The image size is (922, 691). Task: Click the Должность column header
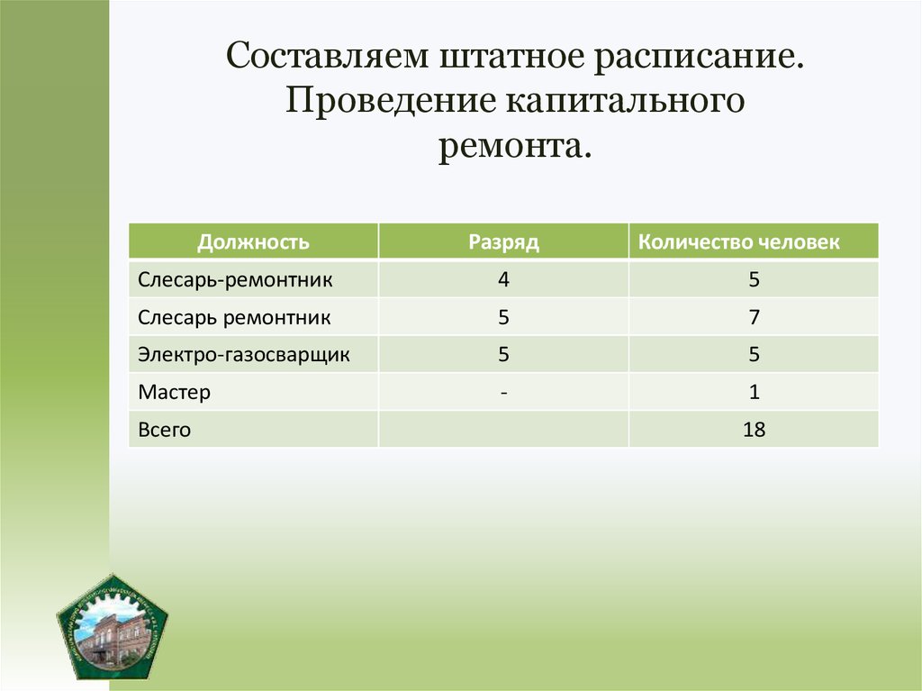click(254, 241)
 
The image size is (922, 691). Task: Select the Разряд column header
click(503, 241)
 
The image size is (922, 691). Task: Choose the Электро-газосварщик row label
click(244, 355)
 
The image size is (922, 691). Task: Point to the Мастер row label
click(175, 393)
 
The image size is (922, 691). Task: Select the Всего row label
click(165, 430)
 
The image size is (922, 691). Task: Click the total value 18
click(754, 430)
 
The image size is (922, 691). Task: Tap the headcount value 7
click(754, 317)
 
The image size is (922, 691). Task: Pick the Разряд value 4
click(503, 279)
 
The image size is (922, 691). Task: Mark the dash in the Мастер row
click(503, 393)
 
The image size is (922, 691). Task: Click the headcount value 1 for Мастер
click(754, 393)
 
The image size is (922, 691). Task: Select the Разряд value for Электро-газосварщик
click(503, 355)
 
